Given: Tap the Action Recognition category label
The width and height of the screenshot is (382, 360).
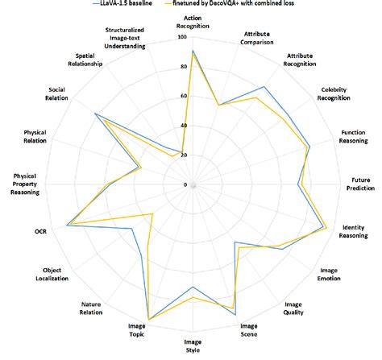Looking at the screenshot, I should [193, 20].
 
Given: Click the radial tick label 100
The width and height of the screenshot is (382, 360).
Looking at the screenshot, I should [181, 37].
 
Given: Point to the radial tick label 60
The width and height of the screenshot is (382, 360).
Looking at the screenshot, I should [183, 96].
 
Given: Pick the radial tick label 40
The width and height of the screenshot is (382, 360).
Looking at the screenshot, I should [183, 126].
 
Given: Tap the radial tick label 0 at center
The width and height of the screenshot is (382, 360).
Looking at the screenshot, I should [185, 184].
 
